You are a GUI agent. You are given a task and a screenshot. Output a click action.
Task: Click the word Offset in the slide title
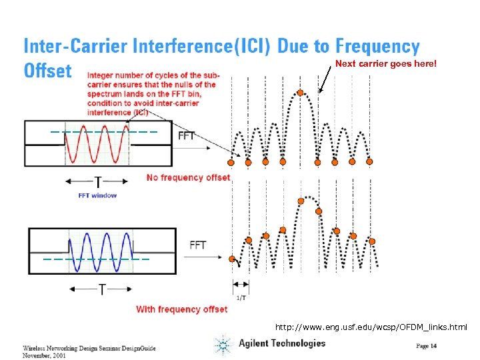[x=47, y=71]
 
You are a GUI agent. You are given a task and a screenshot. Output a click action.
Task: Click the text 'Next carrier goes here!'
[x=385, y=64]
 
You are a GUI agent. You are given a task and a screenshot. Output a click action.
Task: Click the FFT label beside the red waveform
[x=187, y=135]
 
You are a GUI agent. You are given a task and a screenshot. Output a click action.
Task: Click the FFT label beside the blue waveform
[x=198, y=245]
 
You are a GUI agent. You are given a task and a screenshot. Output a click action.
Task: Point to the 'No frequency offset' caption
[x=188, y=177]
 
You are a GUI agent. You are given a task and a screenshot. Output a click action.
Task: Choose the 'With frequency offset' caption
[x=181, y=309]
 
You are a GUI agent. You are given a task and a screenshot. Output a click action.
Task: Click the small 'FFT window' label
[x=97, y=195]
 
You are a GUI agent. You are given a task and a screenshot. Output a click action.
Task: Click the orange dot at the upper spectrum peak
[x=301, y=93]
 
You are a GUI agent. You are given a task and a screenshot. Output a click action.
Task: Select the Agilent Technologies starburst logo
[x=223, y=345]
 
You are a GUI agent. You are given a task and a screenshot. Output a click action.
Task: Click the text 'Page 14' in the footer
[x=427, y=345]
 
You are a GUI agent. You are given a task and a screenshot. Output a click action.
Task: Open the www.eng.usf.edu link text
[x=371, y=327]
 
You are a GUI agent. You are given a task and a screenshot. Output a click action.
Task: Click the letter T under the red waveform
[x=99, y=182]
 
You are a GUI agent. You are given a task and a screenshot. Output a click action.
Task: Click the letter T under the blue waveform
[x=102, y=289]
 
